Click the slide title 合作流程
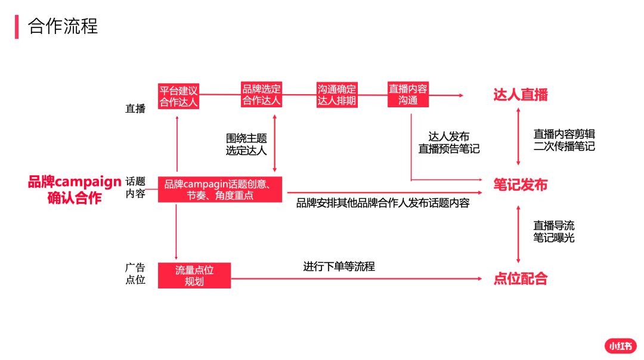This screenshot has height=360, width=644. point(63,26)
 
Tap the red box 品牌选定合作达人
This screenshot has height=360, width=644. point(261,94)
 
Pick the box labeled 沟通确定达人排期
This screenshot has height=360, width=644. point(337,95)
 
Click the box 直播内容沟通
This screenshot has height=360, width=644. point(408,94)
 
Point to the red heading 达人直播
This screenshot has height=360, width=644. point(521,95)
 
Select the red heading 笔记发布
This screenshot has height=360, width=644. point(521,185)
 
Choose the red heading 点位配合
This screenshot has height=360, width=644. point(521,279)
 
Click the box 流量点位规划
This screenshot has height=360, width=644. point(194,275)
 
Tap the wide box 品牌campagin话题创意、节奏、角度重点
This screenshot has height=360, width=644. point(220,189)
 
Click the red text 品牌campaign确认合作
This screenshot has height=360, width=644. point(75,190)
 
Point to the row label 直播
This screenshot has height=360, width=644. point(135,108)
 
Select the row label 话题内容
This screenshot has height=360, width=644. point(135,187)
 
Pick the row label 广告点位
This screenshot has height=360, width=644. point(135,274)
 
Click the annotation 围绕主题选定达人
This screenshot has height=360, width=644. point(246,144)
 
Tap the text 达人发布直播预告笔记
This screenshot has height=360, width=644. point(449,142)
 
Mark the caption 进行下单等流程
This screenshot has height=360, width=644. point(339,266)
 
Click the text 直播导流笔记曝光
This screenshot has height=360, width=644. point(553,231)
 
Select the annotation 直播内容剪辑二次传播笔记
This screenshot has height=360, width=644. point(564,140)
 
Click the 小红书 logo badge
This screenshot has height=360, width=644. point(620,346)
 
